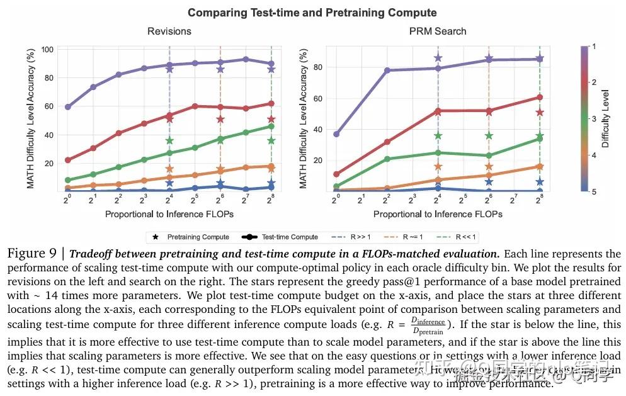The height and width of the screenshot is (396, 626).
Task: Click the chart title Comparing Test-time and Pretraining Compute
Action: click(312, 12)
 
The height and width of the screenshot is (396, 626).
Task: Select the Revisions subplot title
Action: click(169, 31)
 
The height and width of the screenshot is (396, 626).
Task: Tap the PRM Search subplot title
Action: click(438, 31)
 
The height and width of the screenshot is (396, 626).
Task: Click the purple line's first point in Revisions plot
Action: click(67, 107)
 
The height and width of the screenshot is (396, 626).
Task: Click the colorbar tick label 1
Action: click(594, 47)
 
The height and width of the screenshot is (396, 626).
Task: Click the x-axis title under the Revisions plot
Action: click(169, 214)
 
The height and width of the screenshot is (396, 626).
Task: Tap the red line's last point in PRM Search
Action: click(540, 97)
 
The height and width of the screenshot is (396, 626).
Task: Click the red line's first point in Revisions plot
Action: click(67, 160)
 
